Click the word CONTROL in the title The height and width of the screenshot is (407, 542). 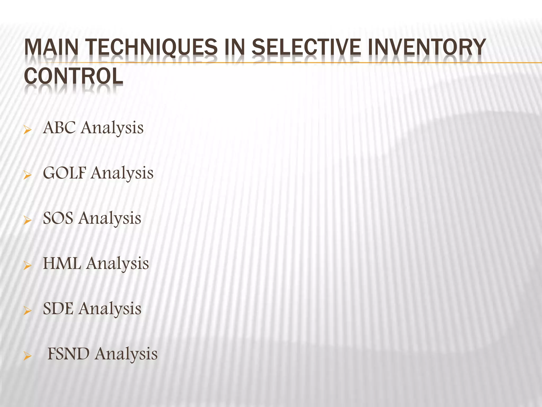pos(74,76)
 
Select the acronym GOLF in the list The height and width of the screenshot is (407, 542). pos(65,173)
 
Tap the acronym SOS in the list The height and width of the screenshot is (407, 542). pos(58,218)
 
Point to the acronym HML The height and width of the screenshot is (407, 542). pos(62,263)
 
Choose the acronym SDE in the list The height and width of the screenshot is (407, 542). pos(58,308)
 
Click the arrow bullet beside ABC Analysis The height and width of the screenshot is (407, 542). pos(28,130)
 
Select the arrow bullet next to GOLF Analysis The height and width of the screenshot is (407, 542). pos(28,175)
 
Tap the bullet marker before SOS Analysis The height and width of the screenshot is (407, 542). pos(28,220)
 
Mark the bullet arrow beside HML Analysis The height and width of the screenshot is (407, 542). pos(28,265)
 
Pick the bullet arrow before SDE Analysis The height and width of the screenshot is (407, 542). pos(28,311)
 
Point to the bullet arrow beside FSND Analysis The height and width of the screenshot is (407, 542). pos(28,356)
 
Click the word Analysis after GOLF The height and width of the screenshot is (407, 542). pos(122,174)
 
